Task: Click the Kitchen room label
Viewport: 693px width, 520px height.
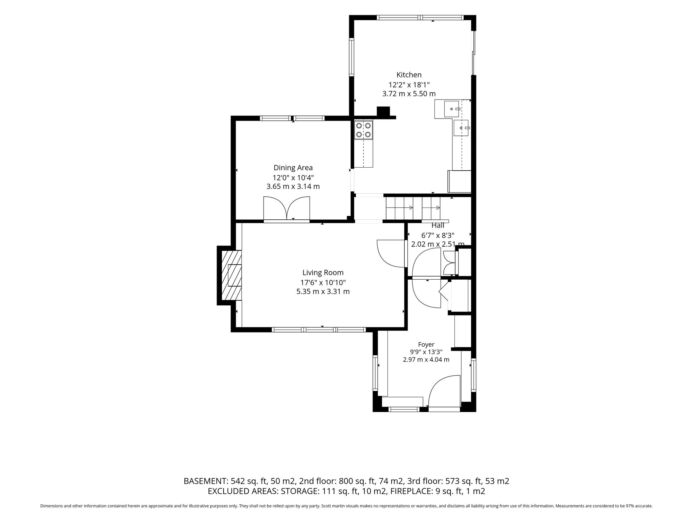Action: point(409,75)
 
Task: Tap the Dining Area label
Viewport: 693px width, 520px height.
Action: point(293,168)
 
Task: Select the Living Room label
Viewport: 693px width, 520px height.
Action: point(323,273)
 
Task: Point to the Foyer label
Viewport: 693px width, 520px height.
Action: point(426,344)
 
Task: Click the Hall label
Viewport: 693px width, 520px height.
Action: point(438,225)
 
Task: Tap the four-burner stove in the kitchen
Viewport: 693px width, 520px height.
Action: point(363,130)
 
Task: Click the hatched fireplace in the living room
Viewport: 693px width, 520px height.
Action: point(231,275)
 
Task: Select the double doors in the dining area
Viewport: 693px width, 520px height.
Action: point(287,209)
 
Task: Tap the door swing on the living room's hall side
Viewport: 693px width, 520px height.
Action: point(391,254)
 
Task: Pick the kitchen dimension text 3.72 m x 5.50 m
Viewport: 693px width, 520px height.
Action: point(409,94)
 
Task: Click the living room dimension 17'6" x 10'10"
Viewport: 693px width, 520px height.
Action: point(323,282)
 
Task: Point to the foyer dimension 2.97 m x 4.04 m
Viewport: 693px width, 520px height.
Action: point(426,360)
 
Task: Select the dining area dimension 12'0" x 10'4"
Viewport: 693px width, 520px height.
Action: point(293,177)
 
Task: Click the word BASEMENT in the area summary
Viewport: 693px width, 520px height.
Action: point(205,481)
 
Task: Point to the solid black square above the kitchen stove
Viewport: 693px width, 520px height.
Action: point(383,111)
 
